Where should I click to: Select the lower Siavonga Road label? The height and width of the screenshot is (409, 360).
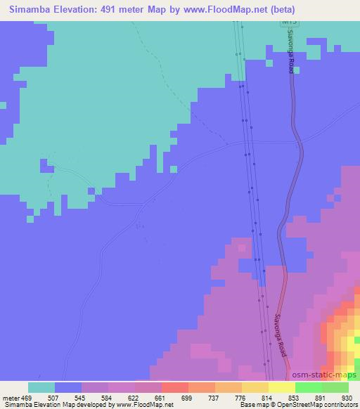pos(281,335)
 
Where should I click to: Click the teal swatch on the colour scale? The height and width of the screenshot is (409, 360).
pos(41,387)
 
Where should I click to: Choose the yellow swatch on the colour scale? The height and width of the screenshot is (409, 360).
pos(281,387)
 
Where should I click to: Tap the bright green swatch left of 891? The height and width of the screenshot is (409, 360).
pos(308,387)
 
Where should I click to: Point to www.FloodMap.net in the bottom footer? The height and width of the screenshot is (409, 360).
pos(143,405)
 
